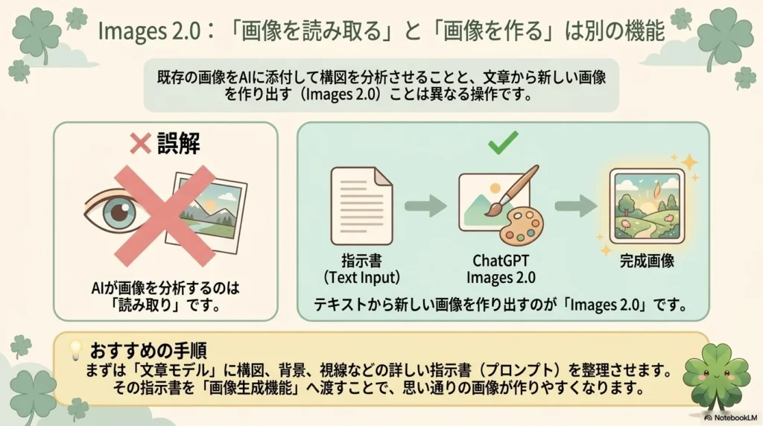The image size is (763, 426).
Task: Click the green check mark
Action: tap(503, 142)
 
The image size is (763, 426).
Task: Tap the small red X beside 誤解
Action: tap(140, 144)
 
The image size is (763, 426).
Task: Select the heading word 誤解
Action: tap(179, 144)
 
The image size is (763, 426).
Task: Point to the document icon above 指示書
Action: tap(361, 206)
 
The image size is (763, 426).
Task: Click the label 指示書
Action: tap(361, 261)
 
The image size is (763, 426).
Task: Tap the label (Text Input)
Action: tap(361, 277)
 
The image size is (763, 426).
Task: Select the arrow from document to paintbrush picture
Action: tap(425, 206)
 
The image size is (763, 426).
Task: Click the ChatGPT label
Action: tap(501, 261)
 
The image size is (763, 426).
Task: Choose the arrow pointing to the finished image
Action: tap(576, 206)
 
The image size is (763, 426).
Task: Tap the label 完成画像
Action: tap(647, 261)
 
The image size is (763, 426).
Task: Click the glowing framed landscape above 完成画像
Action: tap(648, 206)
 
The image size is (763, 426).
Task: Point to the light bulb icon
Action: tap(75, 350)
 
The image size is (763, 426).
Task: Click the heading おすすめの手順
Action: tap(148, 350)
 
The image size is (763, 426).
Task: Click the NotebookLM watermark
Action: tap(731, 418)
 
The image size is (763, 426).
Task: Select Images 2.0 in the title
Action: tap(149, 31)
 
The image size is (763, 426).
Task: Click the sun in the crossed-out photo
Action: tap(210, 206)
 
